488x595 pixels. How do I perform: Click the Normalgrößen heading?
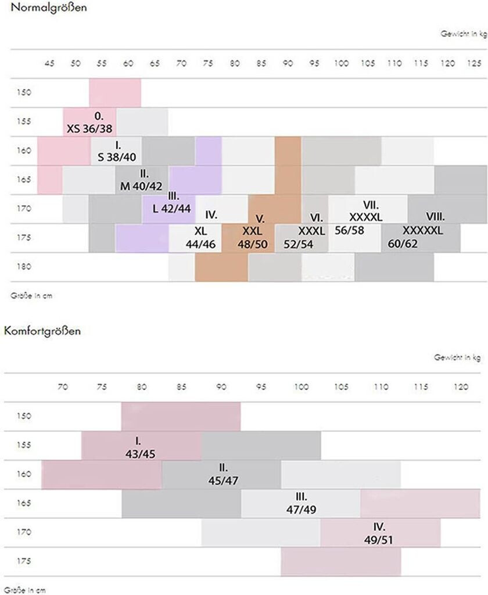pos(40,9)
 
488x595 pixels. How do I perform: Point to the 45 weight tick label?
pos(49,63)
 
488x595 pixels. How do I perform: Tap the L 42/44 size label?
pos(171,203)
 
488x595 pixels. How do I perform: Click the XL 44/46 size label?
pos(200,237)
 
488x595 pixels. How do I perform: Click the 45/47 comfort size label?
pos(223,475)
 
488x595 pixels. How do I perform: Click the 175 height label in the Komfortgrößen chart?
pos(23,561)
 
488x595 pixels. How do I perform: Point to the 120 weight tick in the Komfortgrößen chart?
pos(460,386)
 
